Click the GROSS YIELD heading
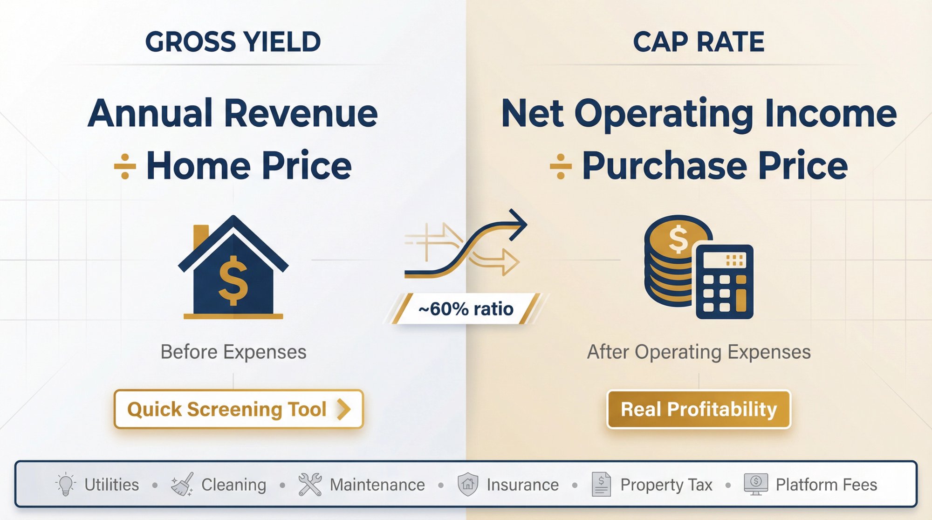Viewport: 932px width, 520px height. point(233,42)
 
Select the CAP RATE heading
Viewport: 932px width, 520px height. point(698,42)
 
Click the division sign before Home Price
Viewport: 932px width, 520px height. point(125,166)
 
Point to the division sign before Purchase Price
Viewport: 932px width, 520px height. point(561,166)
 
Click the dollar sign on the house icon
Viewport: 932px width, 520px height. point(233,281)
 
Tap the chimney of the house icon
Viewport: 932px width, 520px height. point(201,235)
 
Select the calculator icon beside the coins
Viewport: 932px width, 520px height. point(724,282)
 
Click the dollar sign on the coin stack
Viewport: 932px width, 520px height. point(678,239)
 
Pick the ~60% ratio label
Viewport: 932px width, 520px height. point(466,308)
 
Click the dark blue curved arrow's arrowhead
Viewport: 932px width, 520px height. point(518,225)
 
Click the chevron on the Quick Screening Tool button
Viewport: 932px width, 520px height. point(343,409)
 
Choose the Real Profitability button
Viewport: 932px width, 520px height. point(699,409)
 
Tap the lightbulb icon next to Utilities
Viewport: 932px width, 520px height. point(66,484)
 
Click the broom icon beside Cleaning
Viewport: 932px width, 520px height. point(182,485)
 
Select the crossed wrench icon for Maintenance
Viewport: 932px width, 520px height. point(310,485)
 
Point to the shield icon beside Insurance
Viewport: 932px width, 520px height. point(467,485)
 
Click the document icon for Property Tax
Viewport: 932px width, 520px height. point(601,485)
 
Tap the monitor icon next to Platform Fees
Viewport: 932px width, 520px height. point(755,485)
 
